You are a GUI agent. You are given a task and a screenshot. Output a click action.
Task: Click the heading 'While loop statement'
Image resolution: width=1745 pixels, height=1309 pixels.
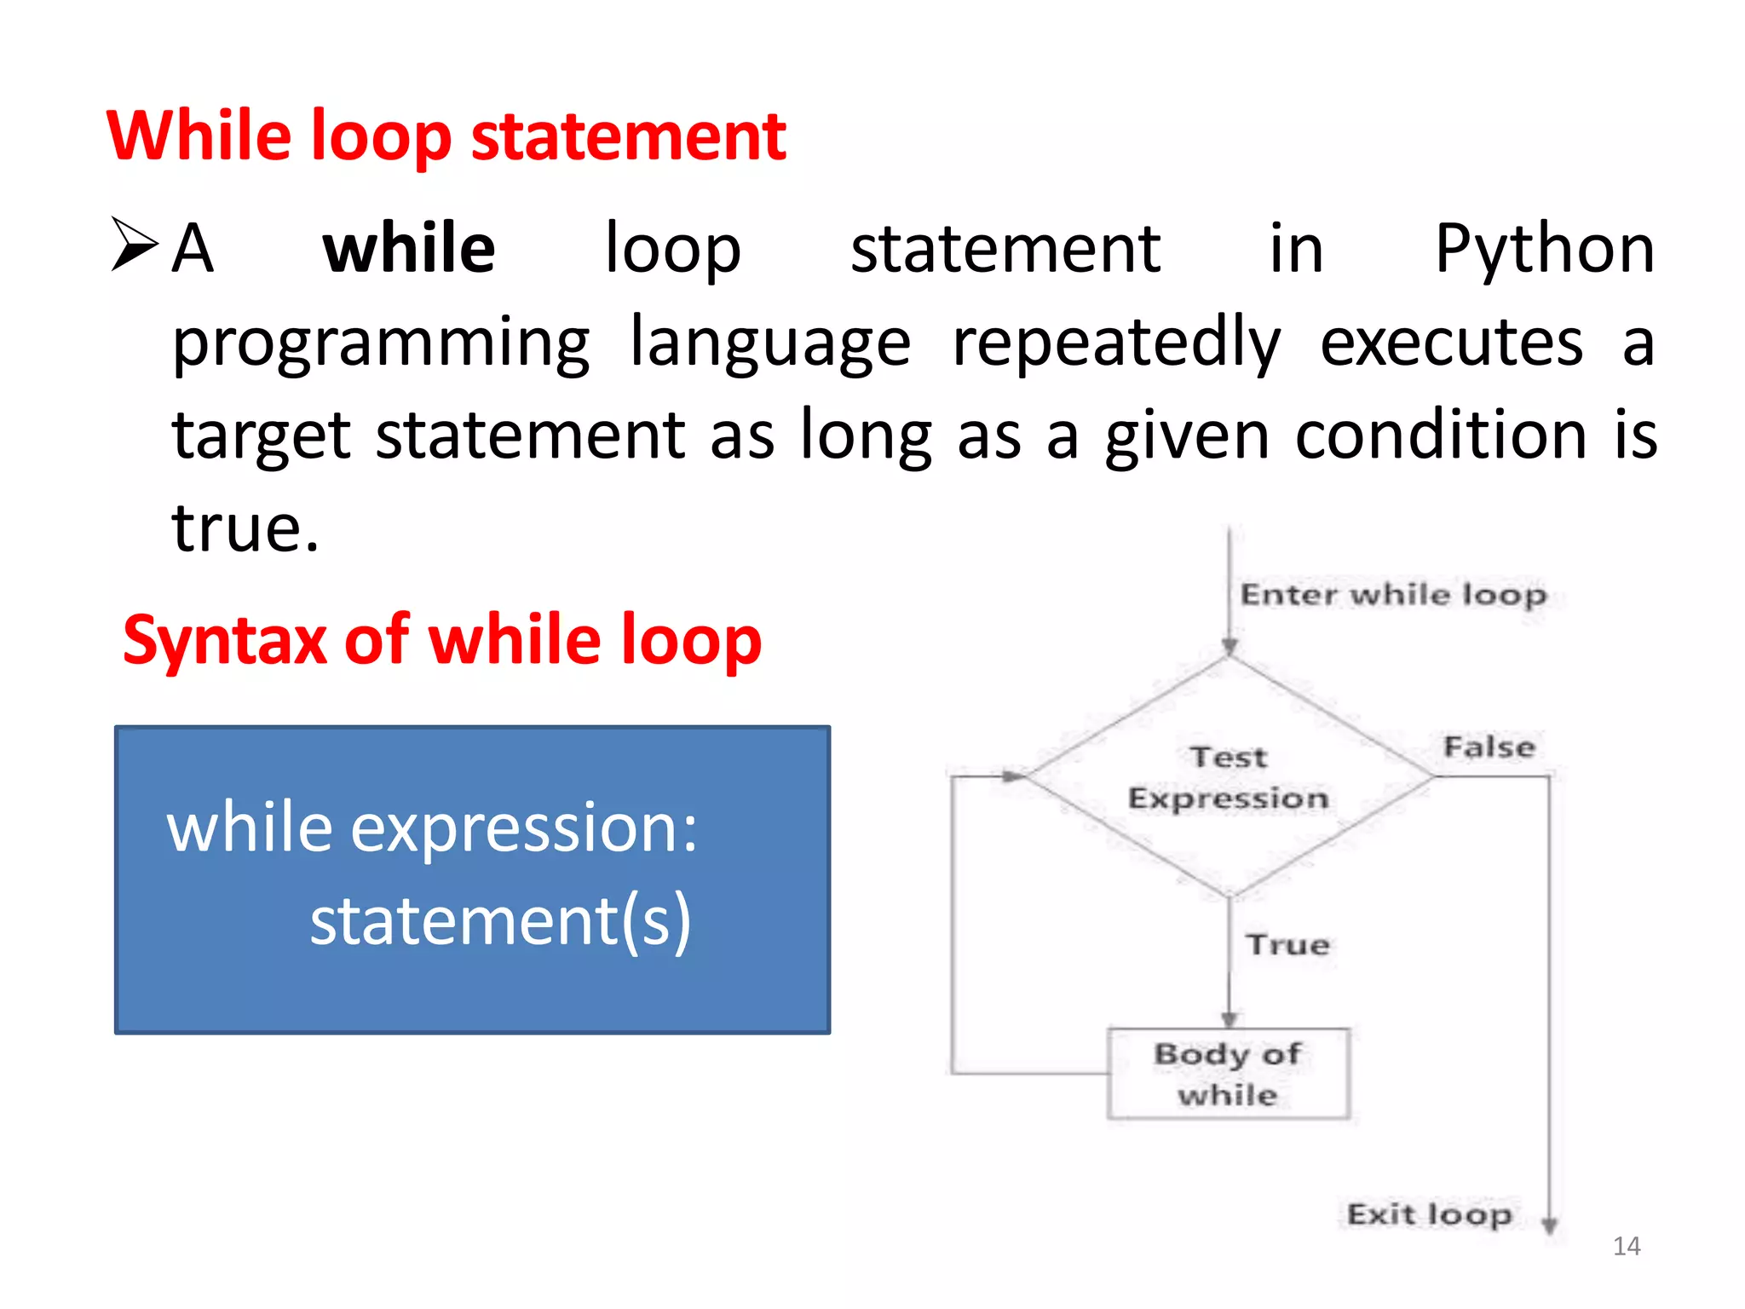446,136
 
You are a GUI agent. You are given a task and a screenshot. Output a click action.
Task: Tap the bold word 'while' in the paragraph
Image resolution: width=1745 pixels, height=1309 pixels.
408,248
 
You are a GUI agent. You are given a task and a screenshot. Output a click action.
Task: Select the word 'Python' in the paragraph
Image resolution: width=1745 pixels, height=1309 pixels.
1544,248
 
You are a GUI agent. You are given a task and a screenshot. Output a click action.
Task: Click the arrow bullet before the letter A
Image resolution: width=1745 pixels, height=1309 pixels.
135,245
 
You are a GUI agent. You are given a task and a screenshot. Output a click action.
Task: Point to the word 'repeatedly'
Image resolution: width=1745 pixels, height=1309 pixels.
1116,343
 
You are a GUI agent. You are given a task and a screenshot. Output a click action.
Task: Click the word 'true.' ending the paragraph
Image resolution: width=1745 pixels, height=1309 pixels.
245,528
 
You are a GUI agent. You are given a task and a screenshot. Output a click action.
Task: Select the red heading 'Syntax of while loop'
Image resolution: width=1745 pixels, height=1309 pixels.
441,640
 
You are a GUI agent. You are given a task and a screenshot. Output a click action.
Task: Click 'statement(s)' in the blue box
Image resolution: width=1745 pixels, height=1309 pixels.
500,921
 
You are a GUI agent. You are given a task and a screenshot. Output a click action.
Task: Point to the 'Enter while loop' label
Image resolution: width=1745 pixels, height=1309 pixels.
1392,594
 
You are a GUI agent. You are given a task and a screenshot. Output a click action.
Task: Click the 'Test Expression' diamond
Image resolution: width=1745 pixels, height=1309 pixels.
1228,777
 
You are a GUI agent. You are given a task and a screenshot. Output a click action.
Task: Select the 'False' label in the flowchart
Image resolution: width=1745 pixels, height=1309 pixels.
1489,747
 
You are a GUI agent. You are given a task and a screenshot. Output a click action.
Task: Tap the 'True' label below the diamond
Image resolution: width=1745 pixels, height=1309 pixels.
1287,945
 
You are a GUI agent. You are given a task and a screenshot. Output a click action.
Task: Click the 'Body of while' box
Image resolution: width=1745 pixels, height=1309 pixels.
1228,1074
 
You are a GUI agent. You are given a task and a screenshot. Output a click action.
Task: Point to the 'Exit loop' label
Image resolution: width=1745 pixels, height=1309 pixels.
1429,1214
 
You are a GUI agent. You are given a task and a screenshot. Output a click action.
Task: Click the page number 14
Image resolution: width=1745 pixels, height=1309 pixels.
1626,1247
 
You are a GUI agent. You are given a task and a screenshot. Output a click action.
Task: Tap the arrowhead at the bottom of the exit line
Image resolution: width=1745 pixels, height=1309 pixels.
1549,1225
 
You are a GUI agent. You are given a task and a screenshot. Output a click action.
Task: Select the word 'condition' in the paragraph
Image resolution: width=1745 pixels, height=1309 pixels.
1441,435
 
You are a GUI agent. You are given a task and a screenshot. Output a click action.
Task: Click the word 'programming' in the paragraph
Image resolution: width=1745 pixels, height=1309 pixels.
381,343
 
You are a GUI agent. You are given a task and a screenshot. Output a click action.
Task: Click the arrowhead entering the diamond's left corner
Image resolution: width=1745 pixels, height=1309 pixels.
1013,776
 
